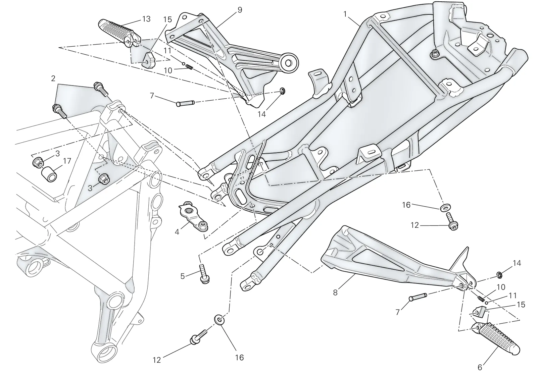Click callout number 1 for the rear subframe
(x=345, y=15)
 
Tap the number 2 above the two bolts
(x=53, y=78)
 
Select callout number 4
(x=177, y=232)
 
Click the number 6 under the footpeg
(x=480, y=367)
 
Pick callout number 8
(x=335, y=293)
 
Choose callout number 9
(x=240, y=10)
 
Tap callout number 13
(x=146, y=19)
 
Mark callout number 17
(x=67, y=161)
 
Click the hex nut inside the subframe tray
(x=434, y=55)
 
